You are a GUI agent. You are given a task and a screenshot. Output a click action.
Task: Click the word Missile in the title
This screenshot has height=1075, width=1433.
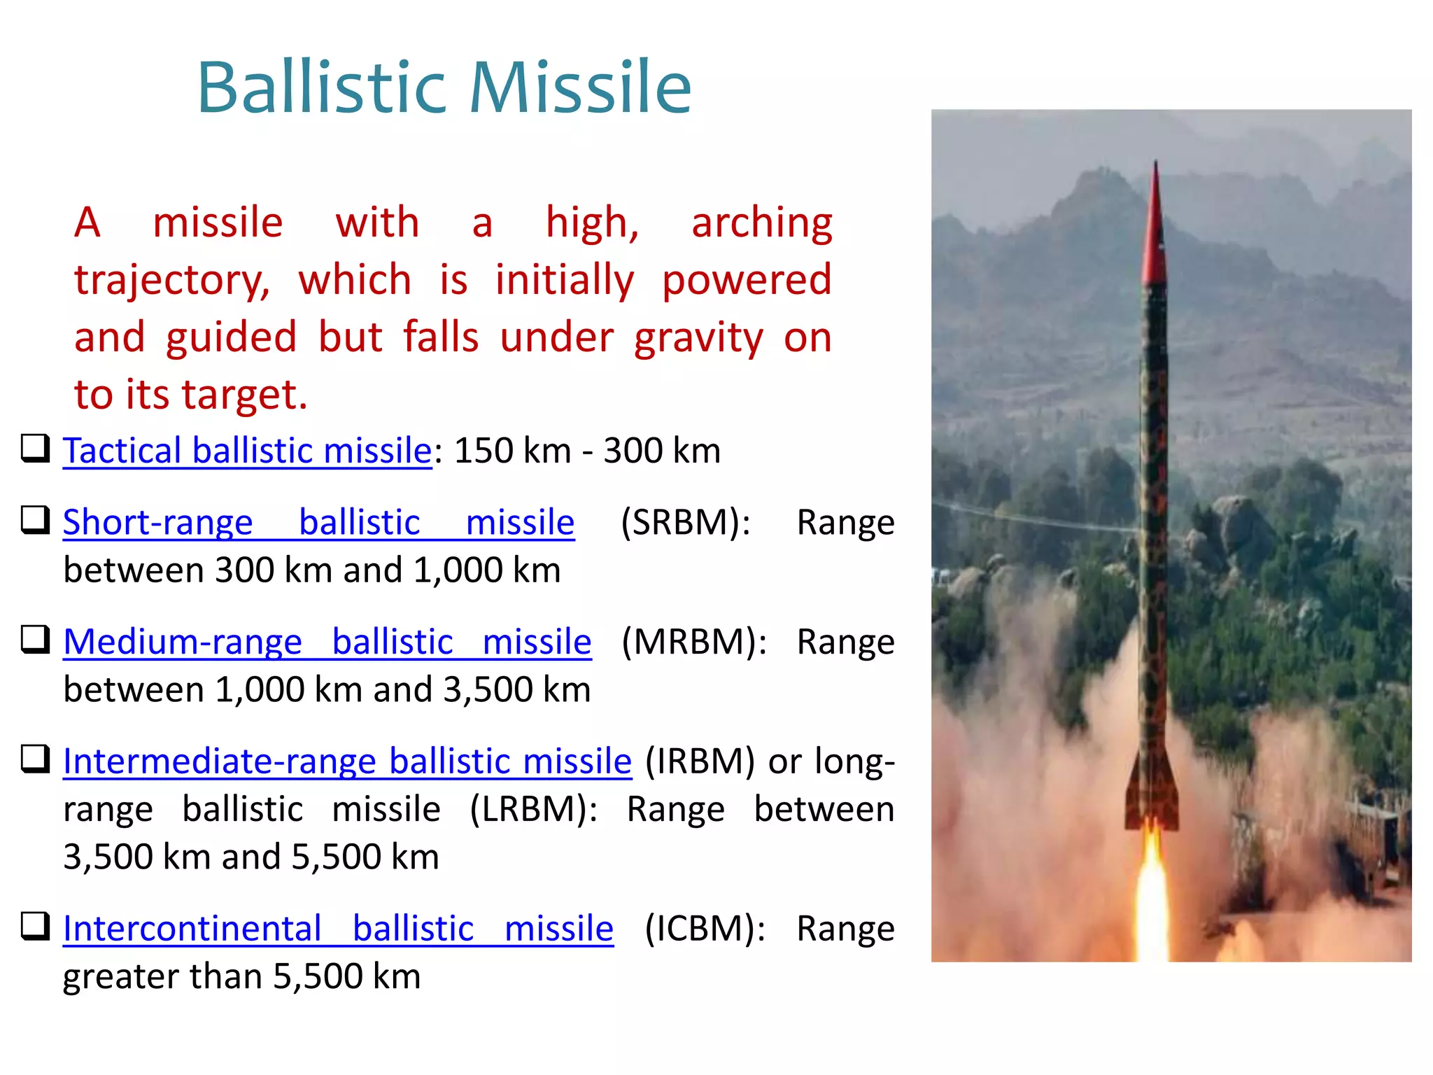pos(580,87)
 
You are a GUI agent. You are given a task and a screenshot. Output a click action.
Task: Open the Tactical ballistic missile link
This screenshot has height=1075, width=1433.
pos(247,451)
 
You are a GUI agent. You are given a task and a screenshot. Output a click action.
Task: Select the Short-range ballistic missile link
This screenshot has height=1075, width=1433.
pos(318,523)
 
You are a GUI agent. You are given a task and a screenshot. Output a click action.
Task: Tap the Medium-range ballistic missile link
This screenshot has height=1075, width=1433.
pos(327,642)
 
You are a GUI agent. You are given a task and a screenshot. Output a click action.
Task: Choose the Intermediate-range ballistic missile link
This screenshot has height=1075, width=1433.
pos(347,761)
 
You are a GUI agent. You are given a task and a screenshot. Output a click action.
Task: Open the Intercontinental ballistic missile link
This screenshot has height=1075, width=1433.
pos(338,929)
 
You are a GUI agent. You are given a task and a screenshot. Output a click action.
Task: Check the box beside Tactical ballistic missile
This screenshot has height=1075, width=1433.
pos(35,449)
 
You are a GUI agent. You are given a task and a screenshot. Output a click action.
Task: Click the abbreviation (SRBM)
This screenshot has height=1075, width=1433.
pos(685,523)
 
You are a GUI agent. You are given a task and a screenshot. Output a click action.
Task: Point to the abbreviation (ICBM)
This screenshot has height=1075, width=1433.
pos(705,929)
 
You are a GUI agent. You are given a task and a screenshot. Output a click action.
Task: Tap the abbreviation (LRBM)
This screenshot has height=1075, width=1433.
pos(533,810)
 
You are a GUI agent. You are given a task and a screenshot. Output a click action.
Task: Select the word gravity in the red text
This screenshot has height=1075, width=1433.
pos(698,339)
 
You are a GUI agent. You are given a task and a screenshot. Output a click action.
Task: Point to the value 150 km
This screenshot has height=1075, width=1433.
pos(512,451)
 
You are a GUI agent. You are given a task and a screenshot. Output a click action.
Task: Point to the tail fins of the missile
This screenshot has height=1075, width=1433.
pos(1152,798)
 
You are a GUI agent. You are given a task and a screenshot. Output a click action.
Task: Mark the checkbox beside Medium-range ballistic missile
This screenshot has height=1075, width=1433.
pos(35,639)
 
